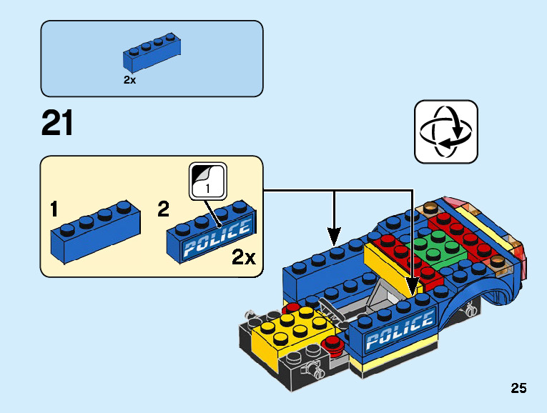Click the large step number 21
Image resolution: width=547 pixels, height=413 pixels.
(57, 123)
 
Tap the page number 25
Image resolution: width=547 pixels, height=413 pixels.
(518, 389)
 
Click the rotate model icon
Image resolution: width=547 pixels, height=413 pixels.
(445, 131)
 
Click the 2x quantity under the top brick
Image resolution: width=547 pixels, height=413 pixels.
(129, 81)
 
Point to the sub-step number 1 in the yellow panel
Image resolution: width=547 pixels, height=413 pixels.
(54, 210)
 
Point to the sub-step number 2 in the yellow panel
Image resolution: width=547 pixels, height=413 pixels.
(163, 210)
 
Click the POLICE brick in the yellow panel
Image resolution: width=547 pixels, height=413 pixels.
(211, 233)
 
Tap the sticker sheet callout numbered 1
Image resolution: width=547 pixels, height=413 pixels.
(207, 181)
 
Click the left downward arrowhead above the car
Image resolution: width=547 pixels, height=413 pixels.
(334, 235)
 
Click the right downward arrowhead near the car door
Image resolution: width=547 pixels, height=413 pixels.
(413, 289)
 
